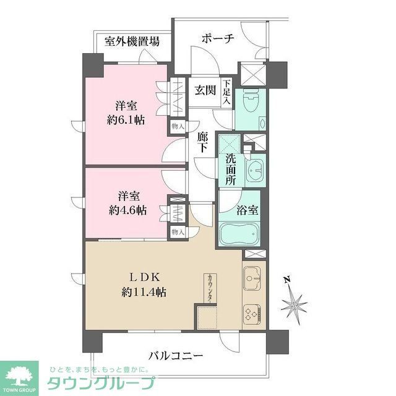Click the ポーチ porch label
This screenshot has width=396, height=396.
click(x=217, y=39)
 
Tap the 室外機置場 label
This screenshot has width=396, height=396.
click(x=132, y=42)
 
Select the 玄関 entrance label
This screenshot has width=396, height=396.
click(x=205, y=90)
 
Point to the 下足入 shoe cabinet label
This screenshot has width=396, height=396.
click(x=227, y=92)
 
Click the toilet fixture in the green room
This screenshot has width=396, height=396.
click(x=251, y=103)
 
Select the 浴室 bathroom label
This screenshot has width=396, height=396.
click(x=248, y=209)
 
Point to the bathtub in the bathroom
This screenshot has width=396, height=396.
click(x=242, y=235)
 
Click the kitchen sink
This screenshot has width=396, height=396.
click(x=254, y=279)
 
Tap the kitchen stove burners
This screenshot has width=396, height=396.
click(x=254, y=315)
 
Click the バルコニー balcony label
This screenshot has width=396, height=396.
click(x=176, y=356)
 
